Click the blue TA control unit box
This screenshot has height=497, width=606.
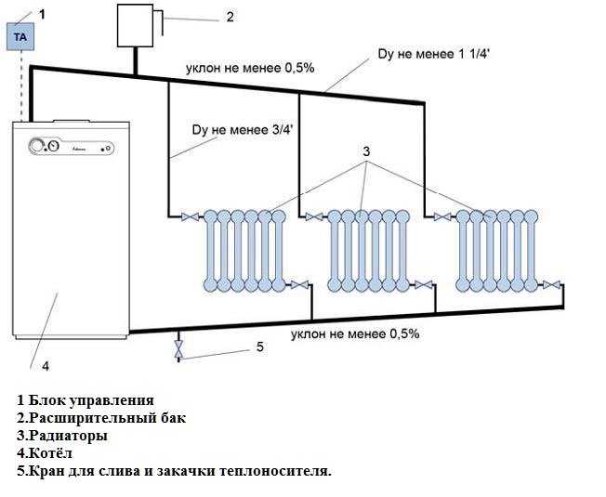[x=20, y=36]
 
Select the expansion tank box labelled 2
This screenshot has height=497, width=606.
[x=135, y=25]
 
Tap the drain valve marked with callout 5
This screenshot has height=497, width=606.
[x=178, y=350]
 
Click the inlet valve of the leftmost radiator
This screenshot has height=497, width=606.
[x=191, y=216]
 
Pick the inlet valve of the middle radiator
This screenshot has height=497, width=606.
[x=314, y=216]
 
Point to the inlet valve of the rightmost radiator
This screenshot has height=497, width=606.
[x=441, y=216]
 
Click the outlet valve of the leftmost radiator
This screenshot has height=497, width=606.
[x=299, y=285]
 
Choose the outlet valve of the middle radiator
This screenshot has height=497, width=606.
[x=424, y=285]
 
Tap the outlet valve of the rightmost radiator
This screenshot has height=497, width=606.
[x=551, y=285]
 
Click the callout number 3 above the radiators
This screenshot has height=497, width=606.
[x=366, y=151]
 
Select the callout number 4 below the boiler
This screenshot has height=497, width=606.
[x=46, y=366]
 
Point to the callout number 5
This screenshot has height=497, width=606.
[x=260, y=347]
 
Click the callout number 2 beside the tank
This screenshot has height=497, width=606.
[x=230, y=17]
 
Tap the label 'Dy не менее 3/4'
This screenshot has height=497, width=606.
[x=243, y=130]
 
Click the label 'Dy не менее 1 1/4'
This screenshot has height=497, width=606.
[x=434, y=54]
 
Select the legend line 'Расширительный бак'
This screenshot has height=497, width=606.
[x=101, y=418]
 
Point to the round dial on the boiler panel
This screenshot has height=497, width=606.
[x=37, y=147]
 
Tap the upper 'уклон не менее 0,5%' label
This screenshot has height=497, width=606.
[x=250, y=69]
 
